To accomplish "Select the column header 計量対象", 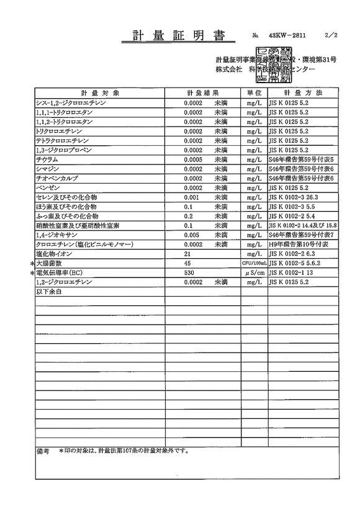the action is point(100,92).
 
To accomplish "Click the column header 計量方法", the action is point(302,92).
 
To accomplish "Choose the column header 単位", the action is point(254,92).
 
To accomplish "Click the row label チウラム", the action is point(48,160).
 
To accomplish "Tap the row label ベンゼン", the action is point(48,188).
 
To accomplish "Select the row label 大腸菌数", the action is point(50,264).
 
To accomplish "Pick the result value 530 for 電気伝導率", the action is point(190,273).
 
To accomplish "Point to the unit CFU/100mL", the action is point(254,264).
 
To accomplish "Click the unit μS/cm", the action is point(254,273).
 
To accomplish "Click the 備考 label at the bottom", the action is point(43,451).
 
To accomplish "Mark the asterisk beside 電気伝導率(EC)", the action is point(32,274).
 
